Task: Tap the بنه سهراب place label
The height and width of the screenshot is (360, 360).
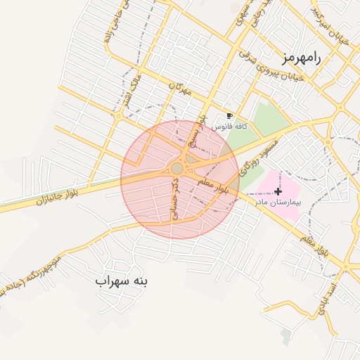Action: (x=123, y=281)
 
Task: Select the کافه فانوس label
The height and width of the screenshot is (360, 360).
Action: (x=231, y=126)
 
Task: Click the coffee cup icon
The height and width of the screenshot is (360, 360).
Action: (x=229, y=115)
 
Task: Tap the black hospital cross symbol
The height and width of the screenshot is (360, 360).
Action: (x=278, y=191)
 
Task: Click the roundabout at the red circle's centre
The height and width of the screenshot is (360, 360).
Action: (x=177, y=169)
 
